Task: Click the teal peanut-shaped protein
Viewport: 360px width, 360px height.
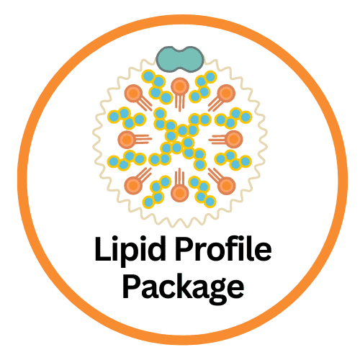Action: pyautogui.click(x=180, y=59)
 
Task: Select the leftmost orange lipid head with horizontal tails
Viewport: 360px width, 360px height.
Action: pyautogui.click(x=127, y=139)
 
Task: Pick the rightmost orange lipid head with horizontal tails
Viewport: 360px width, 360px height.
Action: pyautogui.click(x=233, y=139)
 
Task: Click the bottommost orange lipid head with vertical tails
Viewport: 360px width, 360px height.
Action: pyautogui.click(x=180, y=193)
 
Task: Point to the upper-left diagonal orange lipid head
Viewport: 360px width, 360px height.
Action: pyautogui.click(x=133, y=94)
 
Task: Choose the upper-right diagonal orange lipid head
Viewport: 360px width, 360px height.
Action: pyautogui.click(x=226, y=93)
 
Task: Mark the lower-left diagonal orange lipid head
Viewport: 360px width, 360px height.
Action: pyautogui.click(x=133, y=185)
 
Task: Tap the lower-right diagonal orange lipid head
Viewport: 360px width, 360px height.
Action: pyautogui.click(x=226, y=185)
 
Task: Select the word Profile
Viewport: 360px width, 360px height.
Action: pyautogui.click(x=224, y=249)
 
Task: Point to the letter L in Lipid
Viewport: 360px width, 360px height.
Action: pyautogui.click(x=103, y=250)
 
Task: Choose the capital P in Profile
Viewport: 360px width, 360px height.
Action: pyautogui.click(x=186, y=250)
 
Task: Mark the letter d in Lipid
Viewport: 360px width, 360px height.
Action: pyautogui.click(x=156, y=249)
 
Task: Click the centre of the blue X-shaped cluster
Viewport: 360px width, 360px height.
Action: pyautogui.click(x=180, y=139)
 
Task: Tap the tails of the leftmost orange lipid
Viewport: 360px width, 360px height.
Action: pyautogui.click(x=144, y=139)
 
